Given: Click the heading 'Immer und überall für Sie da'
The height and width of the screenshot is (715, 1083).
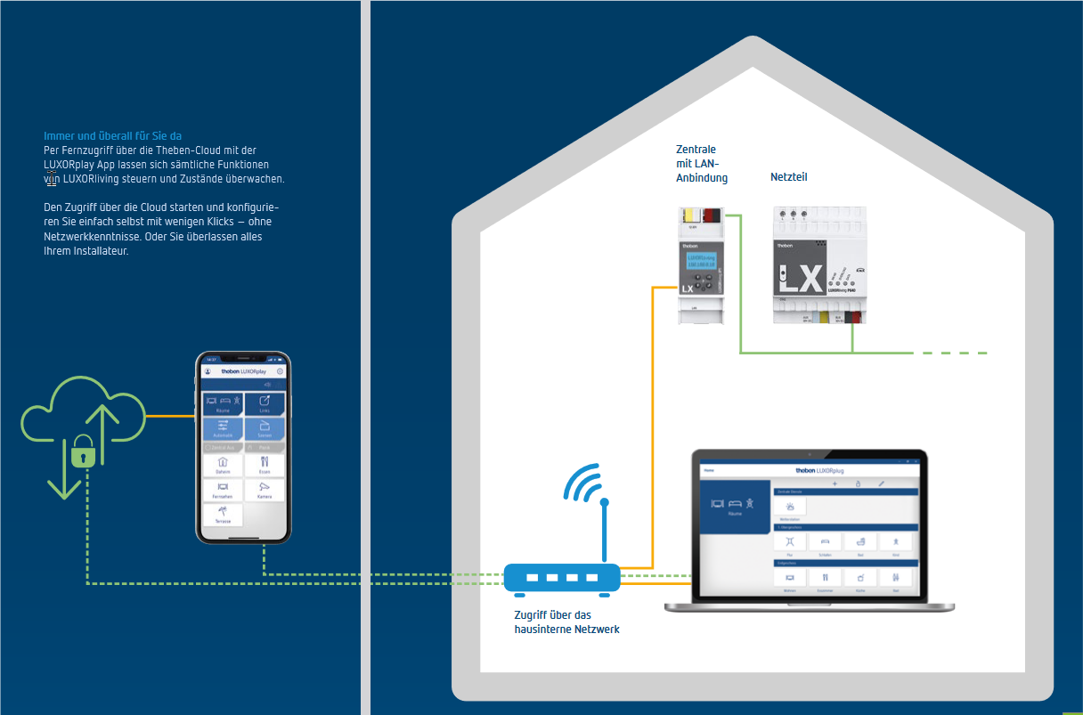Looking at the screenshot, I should click(112, 136).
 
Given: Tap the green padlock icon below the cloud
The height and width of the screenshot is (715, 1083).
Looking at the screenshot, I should click(83, 452).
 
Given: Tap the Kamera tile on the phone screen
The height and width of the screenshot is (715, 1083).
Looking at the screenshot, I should click(265, 490).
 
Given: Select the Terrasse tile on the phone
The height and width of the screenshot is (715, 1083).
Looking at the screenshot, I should click(222, 515).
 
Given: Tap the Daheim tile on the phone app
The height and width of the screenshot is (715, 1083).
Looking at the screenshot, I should click(222, 465).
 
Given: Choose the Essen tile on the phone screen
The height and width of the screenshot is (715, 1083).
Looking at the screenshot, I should click(265, 465).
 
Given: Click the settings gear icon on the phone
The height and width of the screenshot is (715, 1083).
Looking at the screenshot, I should click(280, 370).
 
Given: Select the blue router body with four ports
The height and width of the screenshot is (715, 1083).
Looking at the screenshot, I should click(562, 578).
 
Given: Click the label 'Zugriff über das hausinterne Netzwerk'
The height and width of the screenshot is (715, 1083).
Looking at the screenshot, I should click(566, 622).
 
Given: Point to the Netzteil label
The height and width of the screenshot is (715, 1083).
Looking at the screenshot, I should click(789, 177).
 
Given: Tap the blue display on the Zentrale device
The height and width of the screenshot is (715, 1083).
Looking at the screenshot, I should click(701, 260).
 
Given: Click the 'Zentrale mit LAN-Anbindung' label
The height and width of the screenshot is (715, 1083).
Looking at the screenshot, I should click(702, 164).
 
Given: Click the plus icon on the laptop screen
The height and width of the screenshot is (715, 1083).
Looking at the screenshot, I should click(835, 483).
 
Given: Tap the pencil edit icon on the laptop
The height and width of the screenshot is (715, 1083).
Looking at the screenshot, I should click(881, 483).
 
